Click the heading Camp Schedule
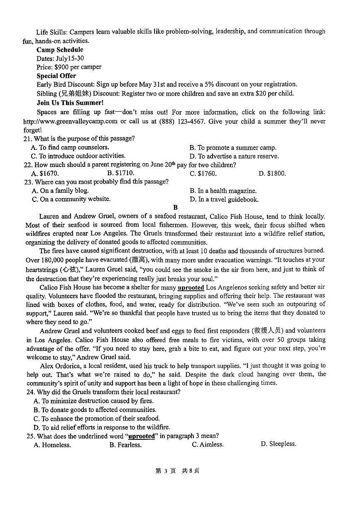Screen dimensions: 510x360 pyautogui.click(x=60, y=50)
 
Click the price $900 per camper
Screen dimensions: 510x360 pyautogui.click(x=69, y=67)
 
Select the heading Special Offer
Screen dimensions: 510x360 pyautogui.click(x=56, y=76)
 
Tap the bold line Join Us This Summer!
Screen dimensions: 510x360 pyautogui.click(x=70, y=103)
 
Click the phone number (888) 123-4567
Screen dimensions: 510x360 pyautogui.click(x=192, y=121)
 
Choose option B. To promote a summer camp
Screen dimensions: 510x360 pyautogui.click(x=233, y=147)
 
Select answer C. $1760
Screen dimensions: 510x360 pyautogui.click(x=203, y=174)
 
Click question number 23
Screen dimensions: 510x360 pyautogui.click(x=28, y=182)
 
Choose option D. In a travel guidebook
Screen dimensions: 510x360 pyautogui.click(x=224, y=199)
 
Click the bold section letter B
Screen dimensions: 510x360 pyautogui.click(x=175, y=208)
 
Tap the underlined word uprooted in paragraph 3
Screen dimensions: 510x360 pyautogui.click(x=191, y=287)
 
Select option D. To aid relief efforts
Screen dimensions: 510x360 pyautogui.click(x=102, y=427)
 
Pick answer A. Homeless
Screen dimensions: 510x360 pyautogui.click(x=52, y=445)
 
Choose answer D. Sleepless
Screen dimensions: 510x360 pyautogui.click(x=278, y=444)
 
